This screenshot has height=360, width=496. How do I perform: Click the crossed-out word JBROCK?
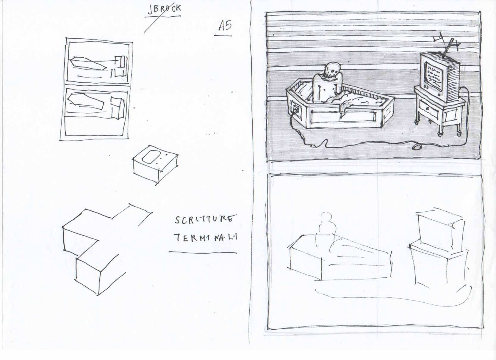click(164, 9)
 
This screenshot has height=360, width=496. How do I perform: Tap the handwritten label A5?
click(225, 26)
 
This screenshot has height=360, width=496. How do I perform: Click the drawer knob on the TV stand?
click(428, 109)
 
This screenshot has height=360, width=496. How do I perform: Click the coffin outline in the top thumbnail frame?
click(88, 63)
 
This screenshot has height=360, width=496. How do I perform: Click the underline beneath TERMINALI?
click(203, 253)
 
